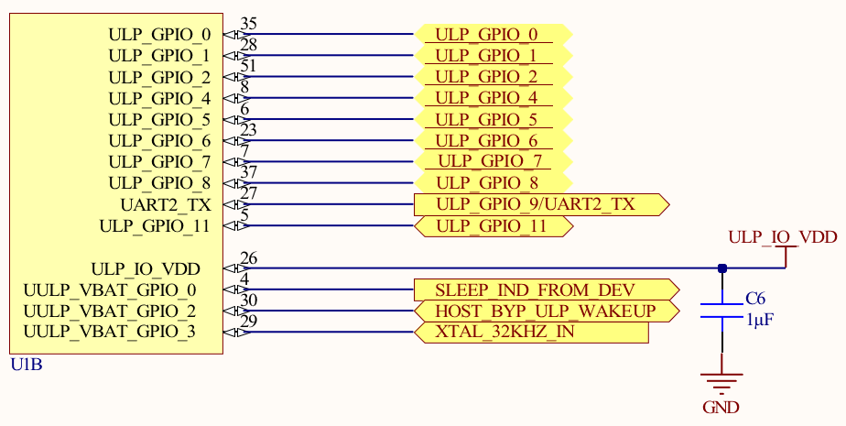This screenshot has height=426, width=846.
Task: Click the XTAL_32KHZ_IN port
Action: click(x=531, y=332)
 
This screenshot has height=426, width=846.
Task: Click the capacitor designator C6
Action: click(x=754, y=299)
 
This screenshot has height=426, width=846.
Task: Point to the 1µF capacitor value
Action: click(x=758, y=321)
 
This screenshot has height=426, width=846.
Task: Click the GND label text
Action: click(x=721, y=408)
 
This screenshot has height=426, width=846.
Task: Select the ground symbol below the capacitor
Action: click(x=721, y=378)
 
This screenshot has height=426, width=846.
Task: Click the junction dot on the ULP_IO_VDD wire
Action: click(x=722, y=268)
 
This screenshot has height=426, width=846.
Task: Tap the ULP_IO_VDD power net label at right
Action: click(x=783, y=237)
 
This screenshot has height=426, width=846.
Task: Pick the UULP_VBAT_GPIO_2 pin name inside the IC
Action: click(x=110, y=311)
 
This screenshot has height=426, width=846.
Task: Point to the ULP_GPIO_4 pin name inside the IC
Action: click(x=159, y=98)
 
